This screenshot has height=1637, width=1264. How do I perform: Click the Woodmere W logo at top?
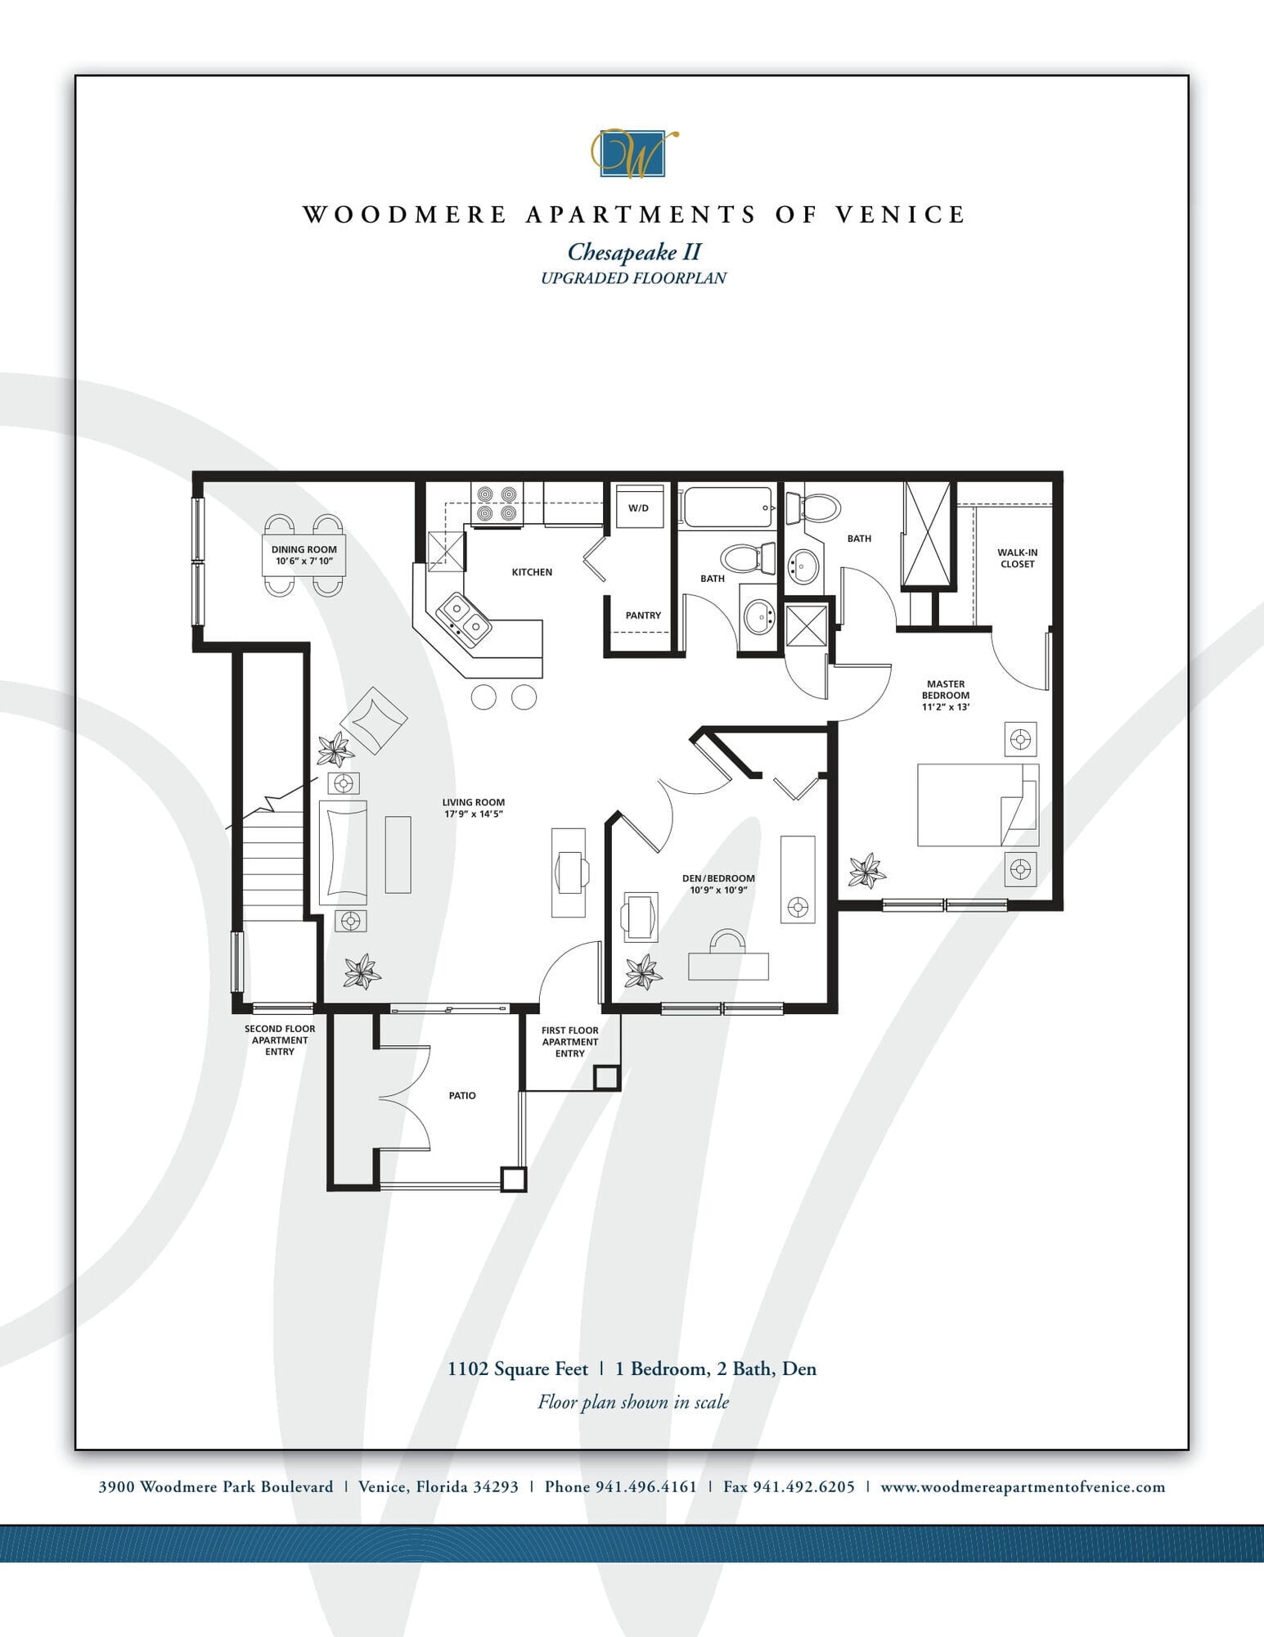(634, 154)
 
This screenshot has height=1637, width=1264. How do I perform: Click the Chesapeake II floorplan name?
(634, 251)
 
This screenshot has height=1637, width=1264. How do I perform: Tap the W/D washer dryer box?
(638, 507)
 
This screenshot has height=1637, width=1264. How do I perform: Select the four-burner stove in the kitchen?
(497, 504)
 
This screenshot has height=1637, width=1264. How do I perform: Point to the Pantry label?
(643, 616)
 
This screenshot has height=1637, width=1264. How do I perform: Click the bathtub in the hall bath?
(726, 507)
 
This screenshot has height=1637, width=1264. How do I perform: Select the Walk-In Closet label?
(1017, 558)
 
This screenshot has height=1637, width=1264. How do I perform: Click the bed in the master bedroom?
(977, 805)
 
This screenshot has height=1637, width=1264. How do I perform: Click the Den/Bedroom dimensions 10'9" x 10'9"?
(718, 890)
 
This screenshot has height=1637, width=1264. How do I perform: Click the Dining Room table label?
(304, 555)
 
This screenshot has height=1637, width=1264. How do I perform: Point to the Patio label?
(462, 1095)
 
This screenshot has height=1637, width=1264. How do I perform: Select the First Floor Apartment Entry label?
(570, 1042)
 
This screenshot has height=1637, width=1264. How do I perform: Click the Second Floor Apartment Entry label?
(280, 1040)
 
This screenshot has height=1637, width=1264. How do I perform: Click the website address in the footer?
(1023, 1486)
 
